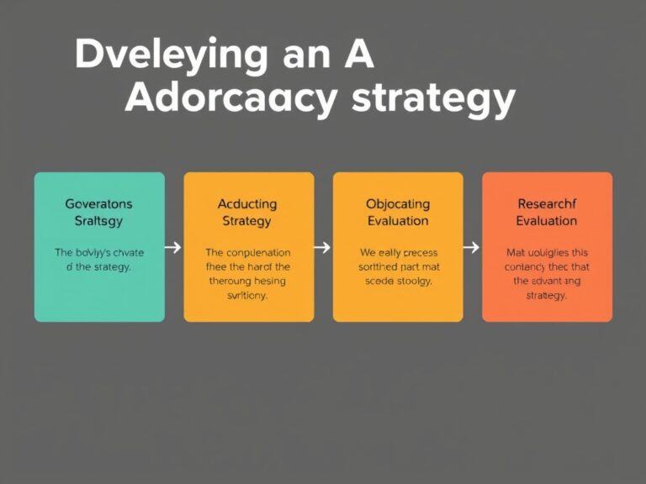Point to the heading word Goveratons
click(98, 203)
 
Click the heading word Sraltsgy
click(98, 221)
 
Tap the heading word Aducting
click(247, 203)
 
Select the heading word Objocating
click(398, 203)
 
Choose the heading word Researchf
click(546, 203)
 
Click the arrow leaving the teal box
click(174, 247)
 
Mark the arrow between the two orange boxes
click(322, 247)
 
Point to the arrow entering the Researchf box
click(471, 247)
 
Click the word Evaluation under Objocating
click(398, 221)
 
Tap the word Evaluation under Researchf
click(546, 221)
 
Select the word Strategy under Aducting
click(247, 221)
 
